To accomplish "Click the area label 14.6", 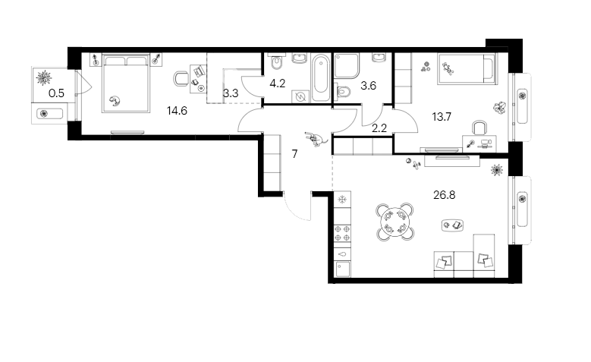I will pyautogui.click(x=176, y=110).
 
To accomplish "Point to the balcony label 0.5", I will pyautogui.click(x=56, y=94).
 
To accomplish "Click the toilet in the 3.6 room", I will pyautogui.click(x=344, y=92).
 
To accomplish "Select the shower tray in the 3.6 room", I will pyautogui.click(x=349, y=68).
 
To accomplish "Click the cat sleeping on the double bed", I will pyautogui.click(x=115, y=99).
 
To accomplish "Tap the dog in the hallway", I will pyautogui.click(x=315, y=138).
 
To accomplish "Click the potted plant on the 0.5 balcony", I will pyautogui.click(x=44, y=77).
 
